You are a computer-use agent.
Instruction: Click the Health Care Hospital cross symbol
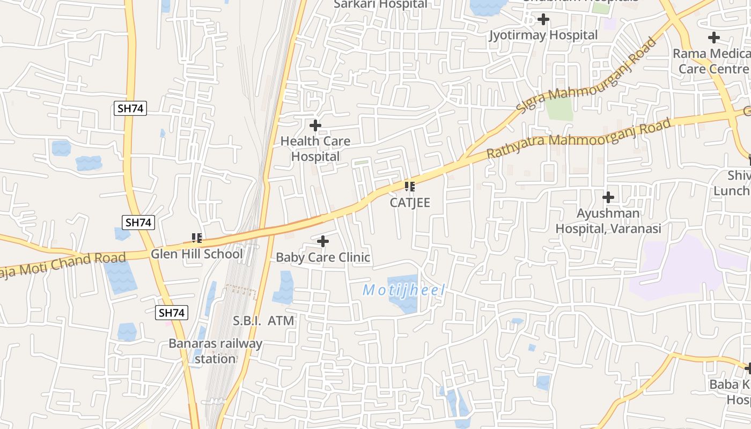(x=315, y=126)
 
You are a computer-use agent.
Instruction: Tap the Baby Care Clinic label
(x=323, y=257)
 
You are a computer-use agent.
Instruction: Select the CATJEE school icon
(x=410, y=187)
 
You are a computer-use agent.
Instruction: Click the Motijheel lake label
(x=404, y=291)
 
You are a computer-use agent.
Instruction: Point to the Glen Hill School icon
(x=196, y=237)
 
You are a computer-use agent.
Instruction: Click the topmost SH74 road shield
(x=131, y=108)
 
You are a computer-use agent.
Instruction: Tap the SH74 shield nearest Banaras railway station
(x=172, y=313)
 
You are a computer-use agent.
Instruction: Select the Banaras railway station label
(x=216, y=351)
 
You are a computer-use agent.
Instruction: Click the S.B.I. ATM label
(x=264, y=321)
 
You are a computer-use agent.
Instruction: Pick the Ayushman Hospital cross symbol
(x=608, y=197)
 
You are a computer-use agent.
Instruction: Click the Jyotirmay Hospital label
(x=543, y=35)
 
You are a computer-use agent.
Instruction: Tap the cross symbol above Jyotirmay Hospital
(x=543, y=20)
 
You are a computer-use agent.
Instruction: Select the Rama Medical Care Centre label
(x=712, y=61)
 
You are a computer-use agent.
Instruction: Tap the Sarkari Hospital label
(x=380, y=4)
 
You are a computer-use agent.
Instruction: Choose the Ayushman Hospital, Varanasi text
(x=608, y=221)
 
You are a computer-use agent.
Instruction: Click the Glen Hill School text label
(x=196, y=254)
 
